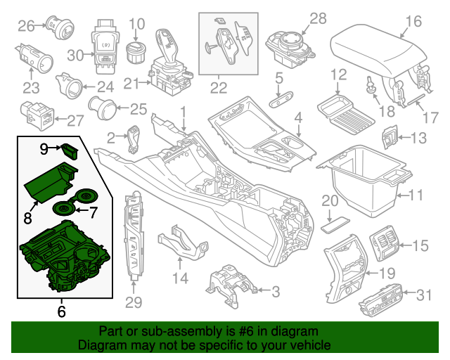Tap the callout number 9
(44, 148)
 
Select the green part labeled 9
(69, 148)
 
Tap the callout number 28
(318, 18)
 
